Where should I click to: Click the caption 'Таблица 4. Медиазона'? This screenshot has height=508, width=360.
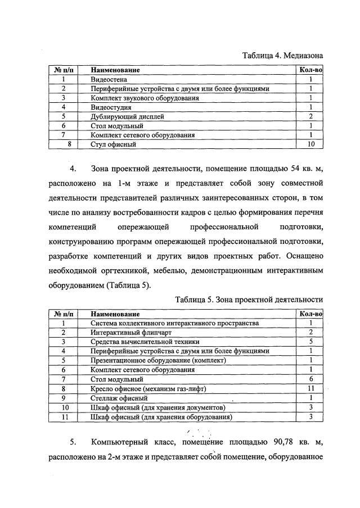(x=282, y=56)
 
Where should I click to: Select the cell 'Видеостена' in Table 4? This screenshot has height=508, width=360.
(x=107, y=79)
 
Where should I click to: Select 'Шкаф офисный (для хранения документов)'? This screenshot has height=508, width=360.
(x=158, y=407)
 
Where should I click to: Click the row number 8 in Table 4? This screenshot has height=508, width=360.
(x=69, y=144)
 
